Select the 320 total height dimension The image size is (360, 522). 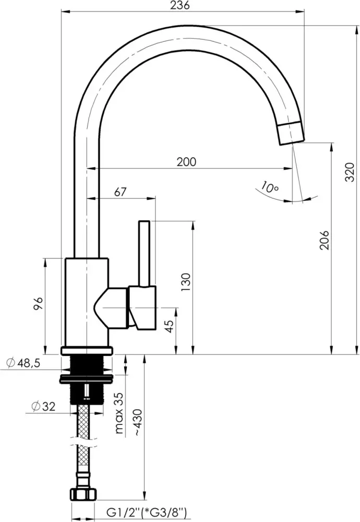350,172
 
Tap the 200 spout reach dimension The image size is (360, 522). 186,162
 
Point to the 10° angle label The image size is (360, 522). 270,187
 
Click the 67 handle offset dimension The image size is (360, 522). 121,192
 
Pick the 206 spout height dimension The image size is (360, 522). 323,240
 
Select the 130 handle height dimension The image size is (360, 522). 186,282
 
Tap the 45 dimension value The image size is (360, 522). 170,326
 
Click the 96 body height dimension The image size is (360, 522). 39,303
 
